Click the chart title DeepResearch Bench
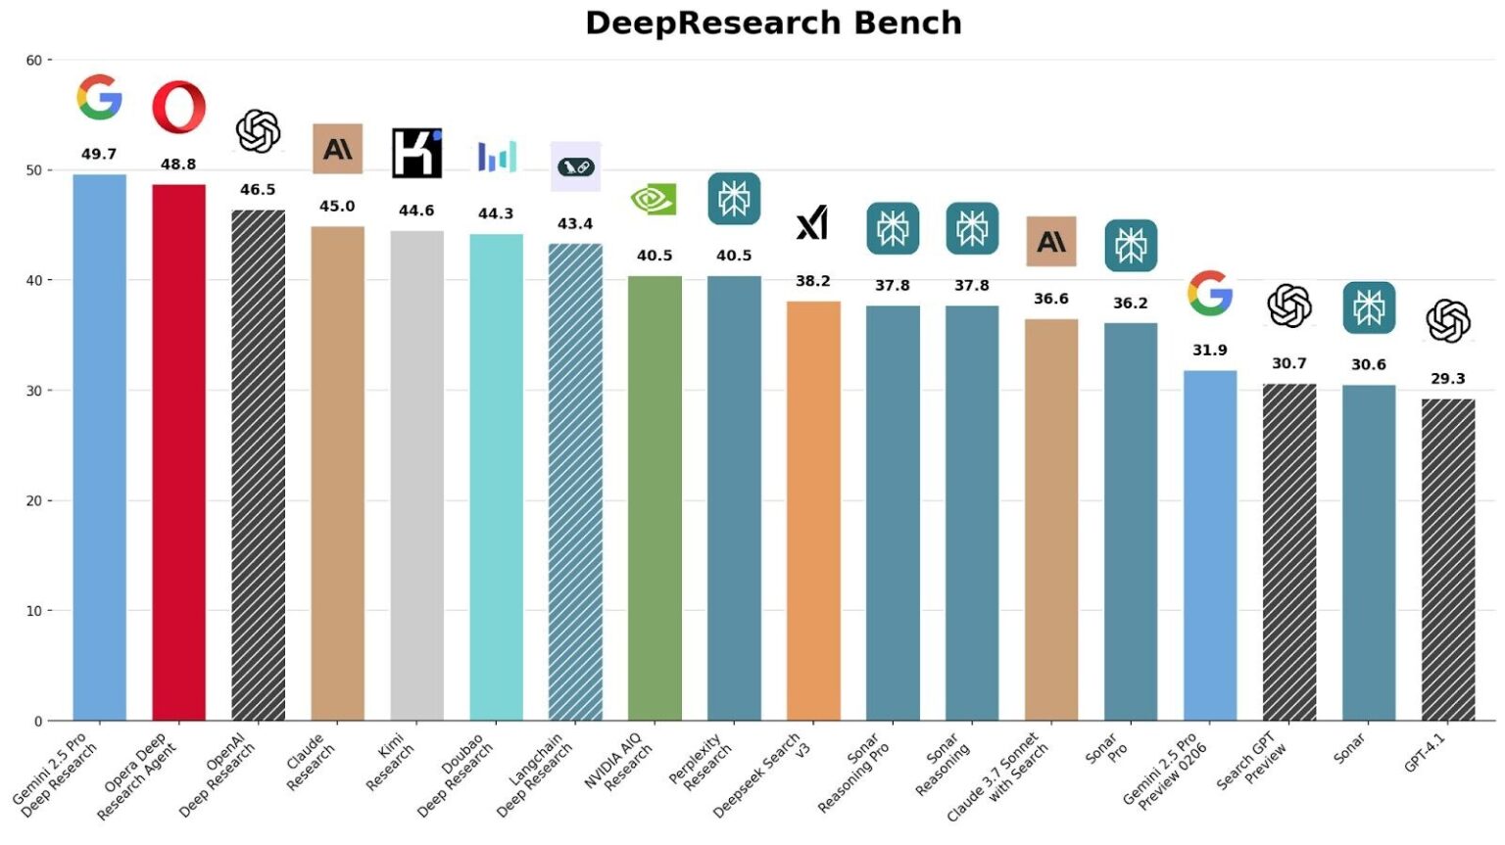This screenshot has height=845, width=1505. point(773,23)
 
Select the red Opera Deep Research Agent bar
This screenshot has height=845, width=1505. point(178,450)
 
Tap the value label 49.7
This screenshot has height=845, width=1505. point(98,154)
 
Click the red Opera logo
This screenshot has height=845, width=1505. point(178,107)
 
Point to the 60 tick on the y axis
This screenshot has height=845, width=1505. point(34,61)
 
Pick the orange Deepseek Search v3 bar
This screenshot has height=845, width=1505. point(813,509)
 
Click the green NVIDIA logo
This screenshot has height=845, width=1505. point(654,200)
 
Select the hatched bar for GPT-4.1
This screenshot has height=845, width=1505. point(1447,558)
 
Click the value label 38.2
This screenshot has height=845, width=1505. point(812,281)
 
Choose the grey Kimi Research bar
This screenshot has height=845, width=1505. point(416,475)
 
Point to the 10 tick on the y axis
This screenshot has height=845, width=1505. point(34,611)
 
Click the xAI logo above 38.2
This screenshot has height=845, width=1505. point(812,223)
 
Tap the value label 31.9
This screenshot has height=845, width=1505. point(1209,350)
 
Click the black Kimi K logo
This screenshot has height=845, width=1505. point(416,153)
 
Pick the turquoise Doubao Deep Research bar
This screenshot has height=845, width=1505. point(496,477)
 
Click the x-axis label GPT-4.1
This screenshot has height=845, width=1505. point(1425,753)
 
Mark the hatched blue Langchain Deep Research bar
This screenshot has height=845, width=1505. point(575,482)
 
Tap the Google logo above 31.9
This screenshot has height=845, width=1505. point(1209,293)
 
